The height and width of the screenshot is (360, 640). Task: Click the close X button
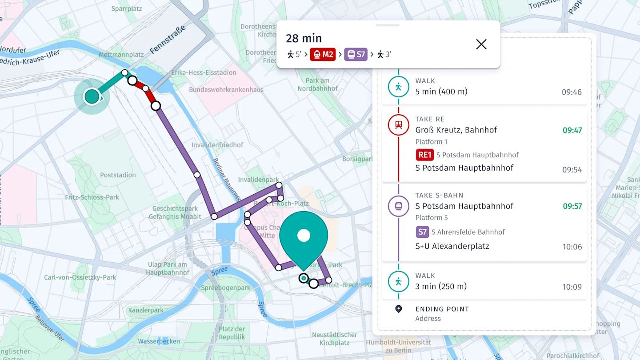pyautogui.click(x=481, y=44)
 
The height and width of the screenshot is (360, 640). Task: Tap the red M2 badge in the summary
pyautogui.click(x=323, y=55)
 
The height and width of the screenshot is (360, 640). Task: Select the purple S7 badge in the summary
pyautogui.click(x=356, y=55)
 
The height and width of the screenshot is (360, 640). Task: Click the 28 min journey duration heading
pyautogui.click(x=304, y=39)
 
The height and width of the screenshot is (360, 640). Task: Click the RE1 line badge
pyautogui.click(x=424, y=155)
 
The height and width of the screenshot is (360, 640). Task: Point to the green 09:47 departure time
pyautogui.click(x=572, y=130)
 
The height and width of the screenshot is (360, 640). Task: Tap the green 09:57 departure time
pyautogui.click(x=572, y=206)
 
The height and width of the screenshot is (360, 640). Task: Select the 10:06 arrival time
pyautogui.click(x=572, y=247)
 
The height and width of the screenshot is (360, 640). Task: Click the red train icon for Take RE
pyautogui.click(x=398, y=125)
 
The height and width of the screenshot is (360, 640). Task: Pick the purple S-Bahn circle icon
pyautogui.click(x=398, y=206)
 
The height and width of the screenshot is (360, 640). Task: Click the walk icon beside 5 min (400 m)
pyautogui.click(x=398, y=87)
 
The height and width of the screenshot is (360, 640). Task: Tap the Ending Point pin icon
pyautogui.click(x=398, y=309)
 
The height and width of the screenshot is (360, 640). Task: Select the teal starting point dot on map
pyautogui.click(x=92, y=96)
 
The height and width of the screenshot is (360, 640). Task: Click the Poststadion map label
pyautogui.click(x=118, y=175)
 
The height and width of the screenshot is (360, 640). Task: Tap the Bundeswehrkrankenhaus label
pyautogui.click(x=226, y=90)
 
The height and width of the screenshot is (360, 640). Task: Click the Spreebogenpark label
pyautogui.click(x=226, y=288)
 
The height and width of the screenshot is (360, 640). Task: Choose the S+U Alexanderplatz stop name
pyautogui.click(x=452, y=246)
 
